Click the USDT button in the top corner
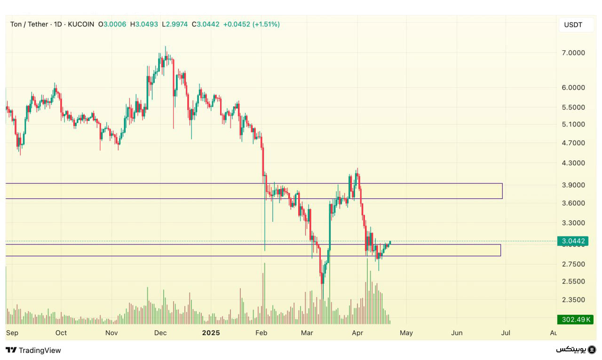coord(573,25)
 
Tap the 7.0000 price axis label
coord(573,53)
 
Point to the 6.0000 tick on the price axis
coord(573,87)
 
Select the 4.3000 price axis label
coord(573,163)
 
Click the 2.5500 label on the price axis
coord(573,282)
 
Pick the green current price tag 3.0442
coord(573,241)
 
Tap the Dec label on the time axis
coord(161,333)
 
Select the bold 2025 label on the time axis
coord(211,333)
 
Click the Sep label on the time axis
coord(12,333)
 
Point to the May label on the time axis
coord(406,333)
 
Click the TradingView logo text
coord(33,350)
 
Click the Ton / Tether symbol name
coord(29,24)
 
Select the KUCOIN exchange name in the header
coord(81,24)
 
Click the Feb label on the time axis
coord(261,333)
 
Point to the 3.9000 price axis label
coord(573,185)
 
